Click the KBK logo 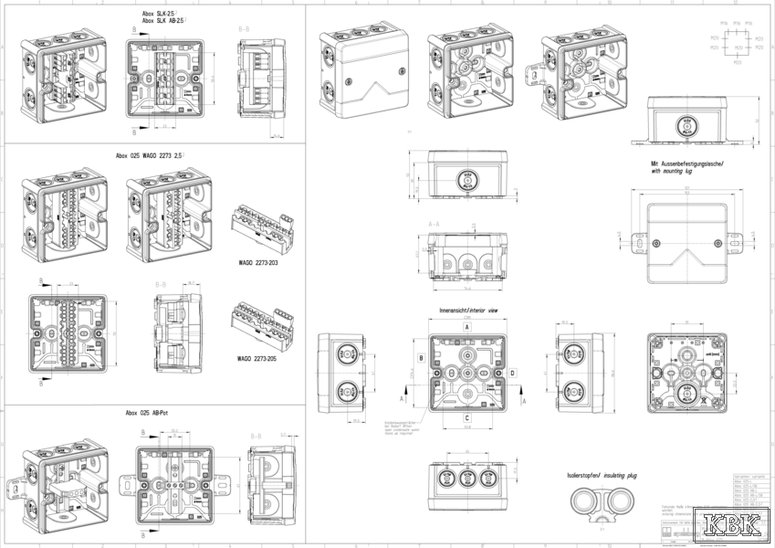click(736, 527)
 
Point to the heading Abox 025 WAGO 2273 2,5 click(151, 155)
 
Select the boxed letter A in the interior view click(467, 325)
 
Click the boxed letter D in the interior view click(513, 373)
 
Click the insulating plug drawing click(599, 504)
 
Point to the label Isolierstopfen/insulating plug click(597, 476)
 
